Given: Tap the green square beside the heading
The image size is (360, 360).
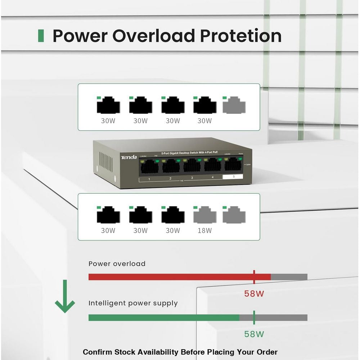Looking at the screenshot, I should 41,36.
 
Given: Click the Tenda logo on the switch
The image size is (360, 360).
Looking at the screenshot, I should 129,157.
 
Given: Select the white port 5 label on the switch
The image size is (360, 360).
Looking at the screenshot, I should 233,177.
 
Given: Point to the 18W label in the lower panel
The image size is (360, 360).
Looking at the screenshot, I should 204,231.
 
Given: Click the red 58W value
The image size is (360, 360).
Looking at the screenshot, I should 254,293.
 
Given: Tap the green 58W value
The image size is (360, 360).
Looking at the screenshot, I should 254,334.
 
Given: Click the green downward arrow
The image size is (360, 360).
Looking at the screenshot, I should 65,297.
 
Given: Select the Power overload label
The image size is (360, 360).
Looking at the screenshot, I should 117,264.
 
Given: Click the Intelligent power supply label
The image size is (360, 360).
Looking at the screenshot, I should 133,303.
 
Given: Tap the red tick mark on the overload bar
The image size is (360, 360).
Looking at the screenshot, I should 254,277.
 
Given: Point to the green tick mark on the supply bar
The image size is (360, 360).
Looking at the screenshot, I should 254,317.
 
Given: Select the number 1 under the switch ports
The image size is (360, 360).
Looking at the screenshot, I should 149,179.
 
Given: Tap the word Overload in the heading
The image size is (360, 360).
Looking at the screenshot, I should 154,36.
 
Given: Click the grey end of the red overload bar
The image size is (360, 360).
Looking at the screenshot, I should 289,277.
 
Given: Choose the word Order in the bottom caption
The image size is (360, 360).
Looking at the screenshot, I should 267,352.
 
